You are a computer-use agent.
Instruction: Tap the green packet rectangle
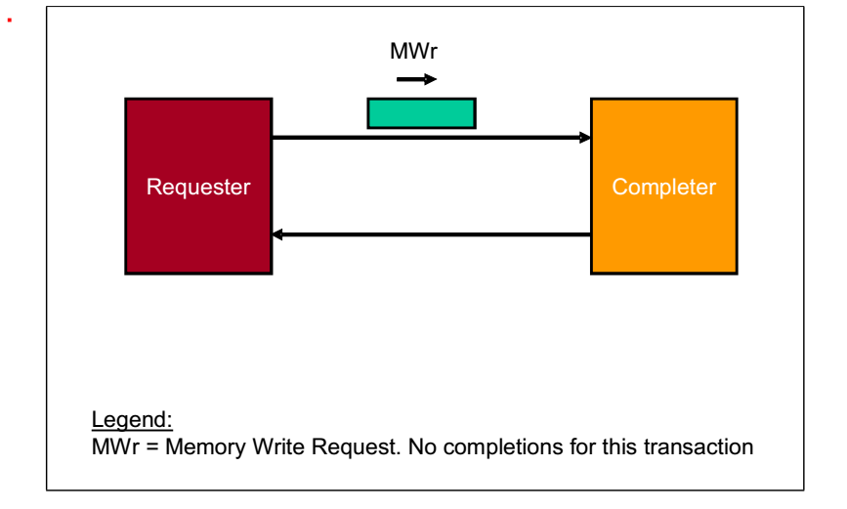click(421, 113)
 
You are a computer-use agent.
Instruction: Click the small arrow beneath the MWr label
click(417, 79)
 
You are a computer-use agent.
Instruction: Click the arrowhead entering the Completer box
click(585, 138)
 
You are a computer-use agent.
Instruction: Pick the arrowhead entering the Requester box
click(278, 234)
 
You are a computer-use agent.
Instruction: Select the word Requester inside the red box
click(198, 187)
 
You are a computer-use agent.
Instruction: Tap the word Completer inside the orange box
click(663, 187)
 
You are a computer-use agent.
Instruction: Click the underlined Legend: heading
click(132, 420)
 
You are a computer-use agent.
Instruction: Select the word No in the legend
click(422, 447)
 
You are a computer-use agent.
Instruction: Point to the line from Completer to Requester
click(430, 234)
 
